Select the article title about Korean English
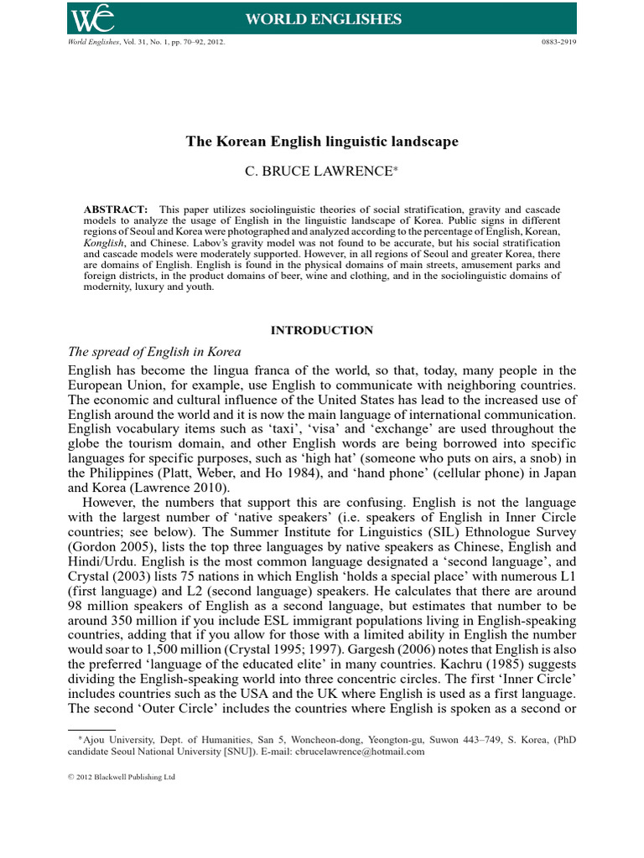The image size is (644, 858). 322,142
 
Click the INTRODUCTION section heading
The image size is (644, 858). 322,330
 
